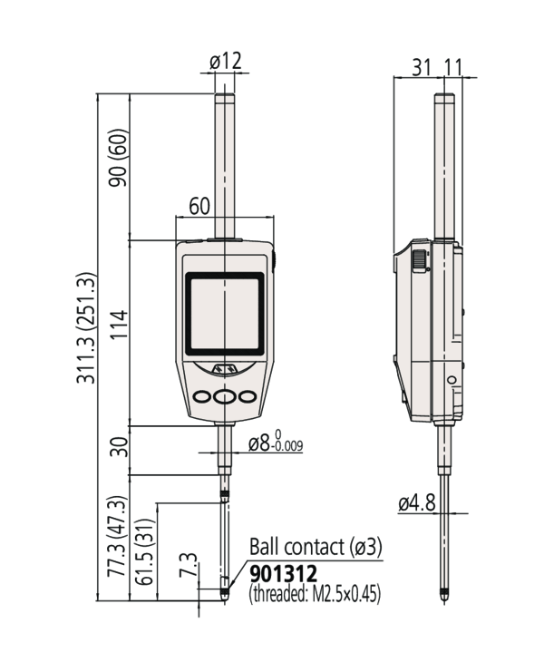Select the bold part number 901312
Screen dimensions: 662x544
[285, 572]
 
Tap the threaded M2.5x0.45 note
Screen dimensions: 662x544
[314, 594]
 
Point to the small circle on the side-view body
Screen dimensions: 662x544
[450, 380]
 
